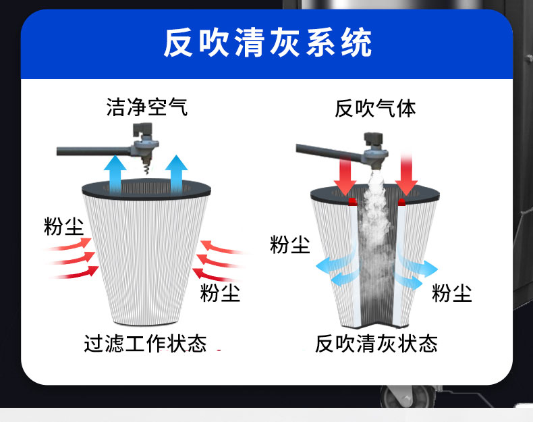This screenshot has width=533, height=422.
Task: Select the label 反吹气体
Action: click(375, 108)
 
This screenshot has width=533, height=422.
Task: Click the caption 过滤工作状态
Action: click(145, 343)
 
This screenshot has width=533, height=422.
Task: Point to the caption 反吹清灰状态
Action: click(376, 343)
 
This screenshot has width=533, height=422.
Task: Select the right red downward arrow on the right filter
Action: click(408, 174)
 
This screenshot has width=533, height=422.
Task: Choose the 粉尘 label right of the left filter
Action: click(220, 294)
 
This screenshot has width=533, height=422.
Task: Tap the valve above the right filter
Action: click(374, 152)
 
